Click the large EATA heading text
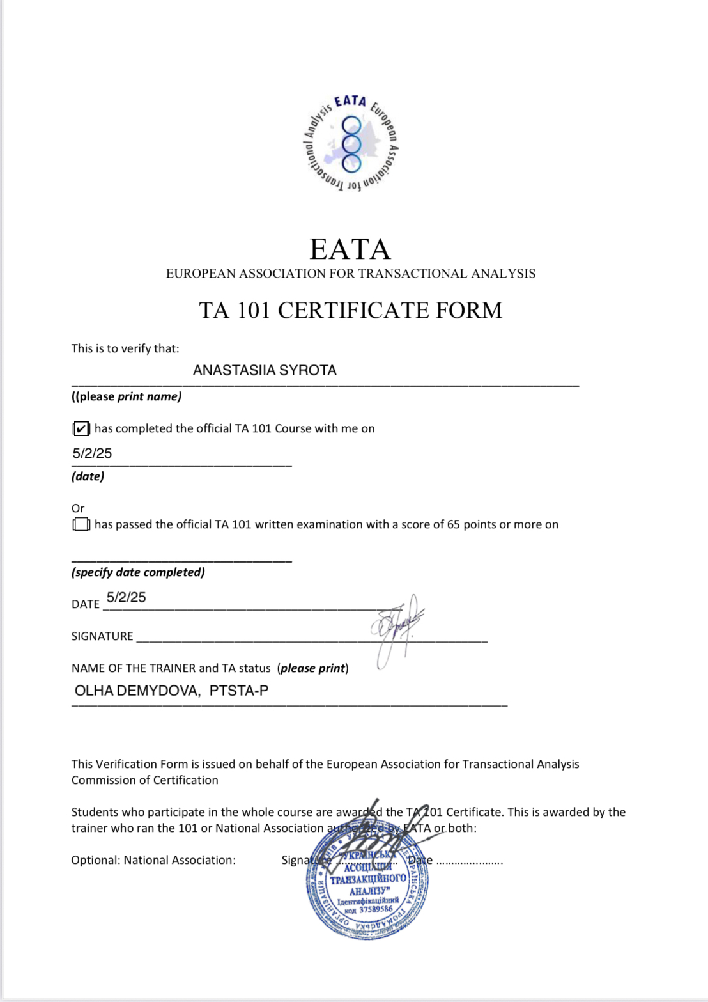pyautogui.click(x=350, y=249)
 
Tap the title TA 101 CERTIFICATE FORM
pyautogui.click(x=350, y=310)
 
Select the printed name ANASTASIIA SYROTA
pyautogui.click(x=265, y=370)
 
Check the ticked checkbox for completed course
pyautogui.click(x=81, y=428)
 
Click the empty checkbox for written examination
pyautogui.click(x=81, y=524)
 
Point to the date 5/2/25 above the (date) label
pyautogui.click(x=92, y=453)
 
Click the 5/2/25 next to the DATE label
pyautogui.click(x=126, y=597)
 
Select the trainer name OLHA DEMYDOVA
pyautogui.click(x=137, y=691)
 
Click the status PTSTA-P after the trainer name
pyautogui.click(x=239, y=691)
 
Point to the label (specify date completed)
pyautogui.click(x=138, y=572)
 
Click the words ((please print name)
pyautogui.click(x=127, y=396)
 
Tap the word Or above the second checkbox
pyautogui.click(x=78, y=508)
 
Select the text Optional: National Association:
pyautogui.click(x=153, y=860)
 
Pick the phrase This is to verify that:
pyautogui.click(x=125, y=348)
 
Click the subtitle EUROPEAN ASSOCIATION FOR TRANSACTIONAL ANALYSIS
pyautogui.click(x=351, y=274)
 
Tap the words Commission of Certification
pyautogui.click(x=145, y=780)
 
